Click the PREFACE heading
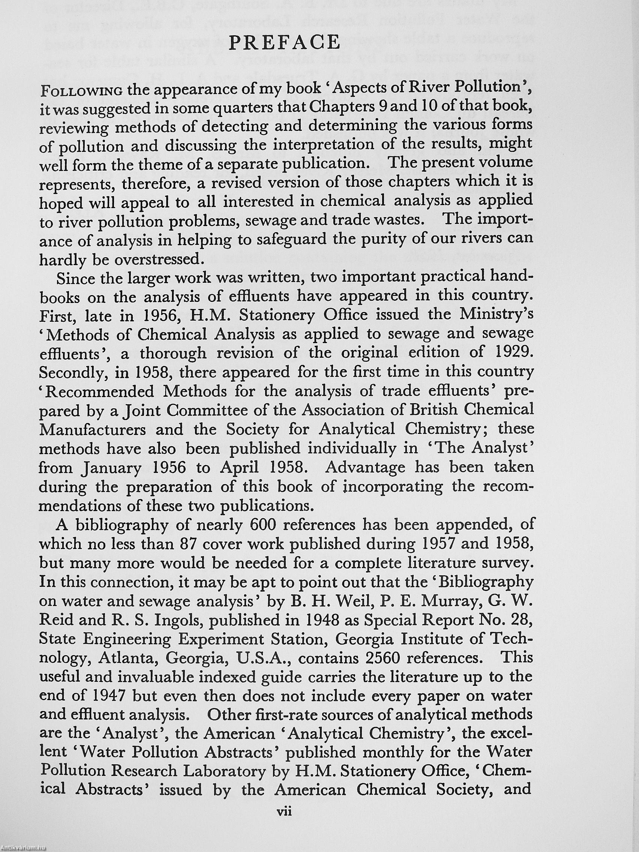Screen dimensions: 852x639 (284, 42)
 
